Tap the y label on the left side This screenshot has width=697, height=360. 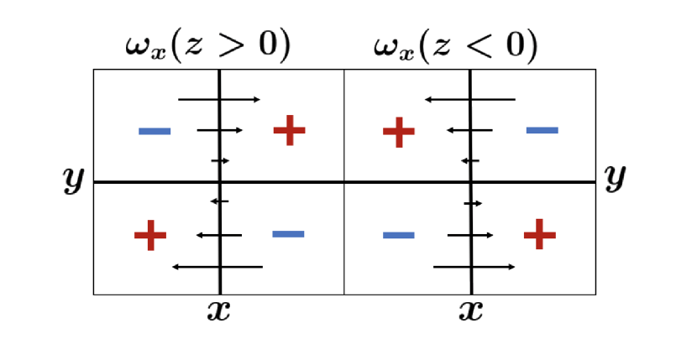(74, 179)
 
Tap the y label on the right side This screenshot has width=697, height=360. (615, 176)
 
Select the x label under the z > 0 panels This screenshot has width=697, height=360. (218, 311)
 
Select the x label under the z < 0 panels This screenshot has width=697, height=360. (470, 311)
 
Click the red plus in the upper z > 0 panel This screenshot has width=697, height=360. (289, 130)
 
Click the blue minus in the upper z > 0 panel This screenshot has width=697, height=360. (155, 131)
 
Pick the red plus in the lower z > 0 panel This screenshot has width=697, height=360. (150, 235)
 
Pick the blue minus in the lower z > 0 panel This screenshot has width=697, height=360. (288, 233)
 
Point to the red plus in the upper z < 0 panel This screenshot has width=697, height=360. (399, 132)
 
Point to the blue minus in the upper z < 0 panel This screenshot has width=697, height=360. (542, 130)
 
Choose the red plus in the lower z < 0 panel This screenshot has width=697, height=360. (539, 234)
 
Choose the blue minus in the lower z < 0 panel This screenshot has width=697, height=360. (399, 235)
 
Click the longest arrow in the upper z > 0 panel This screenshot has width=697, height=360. (220, 99)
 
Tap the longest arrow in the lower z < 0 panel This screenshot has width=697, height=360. (474, 267)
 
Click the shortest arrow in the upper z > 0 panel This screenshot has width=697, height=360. (220, 160)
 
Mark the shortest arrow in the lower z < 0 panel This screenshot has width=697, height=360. (474, 203)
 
